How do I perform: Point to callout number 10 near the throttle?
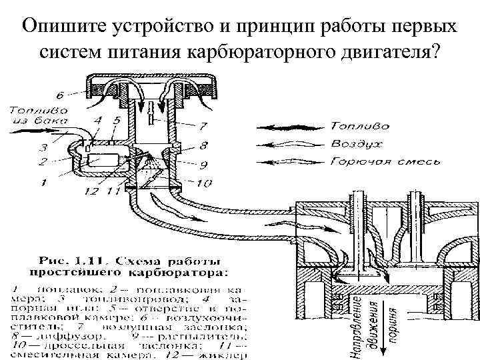pos(204,182)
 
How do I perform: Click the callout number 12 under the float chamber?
pos(91,191)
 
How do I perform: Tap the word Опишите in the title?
pos(65,25)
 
